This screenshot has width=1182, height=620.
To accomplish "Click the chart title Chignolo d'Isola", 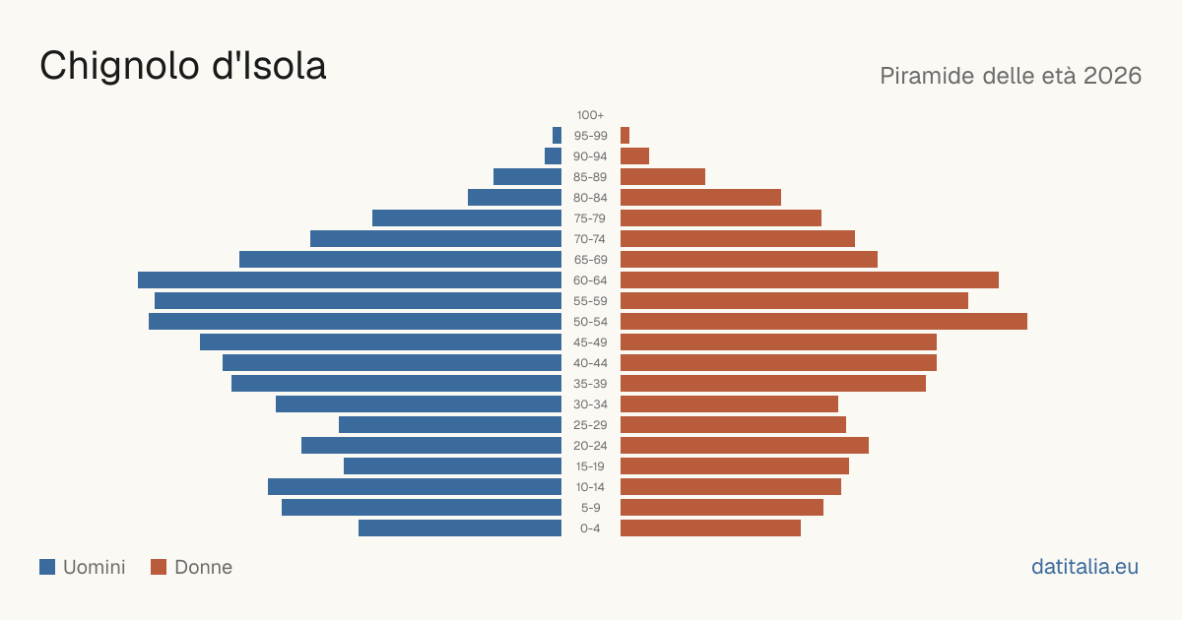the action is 183,66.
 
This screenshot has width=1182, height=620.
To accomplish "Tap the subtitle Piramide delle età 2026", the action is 1011,76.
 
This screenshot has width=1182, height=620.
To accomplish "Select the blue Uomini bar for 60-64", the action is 350,279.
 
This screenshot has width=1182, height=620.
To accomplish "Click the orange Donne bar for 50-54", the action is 823,322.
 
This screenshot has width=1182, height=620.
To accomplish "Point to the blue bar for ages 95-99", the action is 557,136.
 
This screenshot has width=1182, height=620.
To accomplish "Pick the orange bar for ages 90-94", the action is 634,156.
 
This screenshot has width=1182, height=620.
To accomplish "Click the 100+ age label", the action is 590,115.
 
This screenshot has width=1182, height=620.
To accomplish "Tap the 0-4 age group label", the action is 590,528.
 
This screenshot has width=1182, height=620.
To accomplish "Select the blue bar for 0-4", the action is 460,528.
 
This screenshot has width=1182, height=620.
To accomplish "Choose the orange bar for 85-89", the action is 663,176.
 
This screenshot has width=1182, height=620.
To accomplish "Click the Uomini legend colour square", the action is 47,567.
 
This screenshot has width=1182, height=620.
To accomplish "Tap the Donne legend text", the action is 203,567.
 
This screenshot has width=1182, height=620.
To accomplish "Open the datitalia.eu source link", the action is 1084,567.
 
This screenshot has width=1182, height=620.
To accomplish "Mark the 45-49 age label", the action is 590,342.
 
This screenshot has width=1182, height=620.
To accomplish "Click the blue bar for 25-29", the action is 450,425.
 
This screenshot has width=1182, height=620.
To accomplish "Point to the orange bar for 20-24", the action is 745,446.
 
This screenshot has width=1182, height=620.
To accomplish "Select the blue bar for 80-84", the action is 514,198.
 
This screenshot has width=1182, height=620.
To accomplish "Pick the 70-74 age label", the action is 590,239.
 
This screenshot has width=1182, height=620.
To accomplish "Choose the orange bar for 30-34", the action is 729,404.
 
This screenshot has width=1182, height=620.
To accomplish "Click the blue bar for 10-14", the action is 415,486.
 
